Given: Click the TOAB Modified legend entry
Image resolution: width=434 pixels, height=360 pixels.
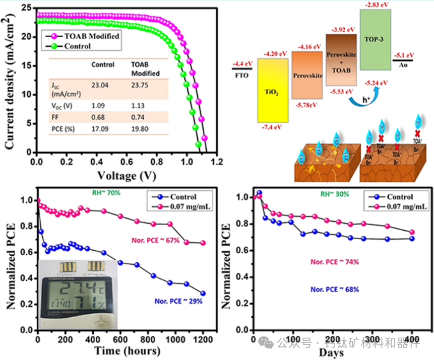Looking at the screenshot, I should [91, 36].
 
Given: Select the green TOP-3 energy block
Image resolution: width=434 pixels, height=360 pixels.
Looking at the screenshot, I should [375, 39].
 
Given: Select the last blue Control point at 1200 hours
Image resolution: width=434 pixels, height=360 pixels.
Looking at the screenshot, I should [203, 293].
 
